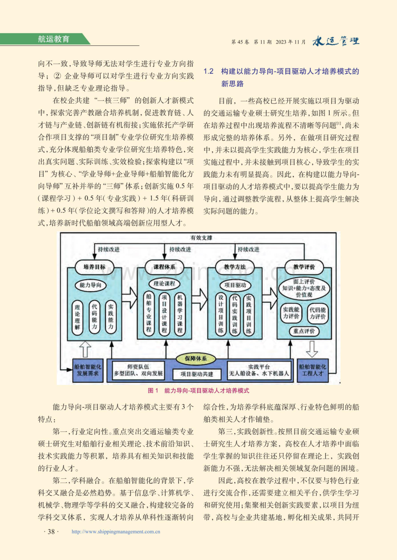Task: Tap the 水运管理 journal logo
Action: (x=336, y=41)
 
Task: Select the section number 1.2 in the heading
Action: (x=208, y=72)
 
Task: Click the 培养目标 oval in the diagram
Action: (x=95, y=267)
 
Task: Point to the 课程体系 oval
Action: (x=164, y=267)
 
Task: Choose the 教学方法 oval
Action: (x=234, y=267)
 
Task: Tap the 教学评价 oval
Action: (x=304, y=267)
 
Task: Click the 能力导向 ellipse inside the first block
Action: (x=91, y=285)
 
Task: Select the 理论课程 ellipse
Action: (x=164, y=283)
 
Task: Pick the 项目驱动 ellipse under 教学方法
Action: (x=235, y=285)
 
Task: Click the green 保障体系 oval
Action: (x=196, y=359)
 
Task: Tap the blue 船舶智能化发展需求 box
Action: (x=88, y=371)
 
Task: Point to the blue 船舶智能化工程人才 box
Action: (x=313, y=371)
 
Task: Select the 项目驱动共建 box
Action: (x=197, y=374)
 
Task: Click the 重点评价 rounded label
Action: (x=304, y=331)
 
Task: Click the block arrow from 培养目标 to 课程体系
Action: (x=129, y=298)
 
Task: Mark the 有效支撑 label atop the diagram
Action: (x=201, y=238)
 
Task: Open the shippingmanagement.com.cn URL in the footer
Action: (x=116, y=532)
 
